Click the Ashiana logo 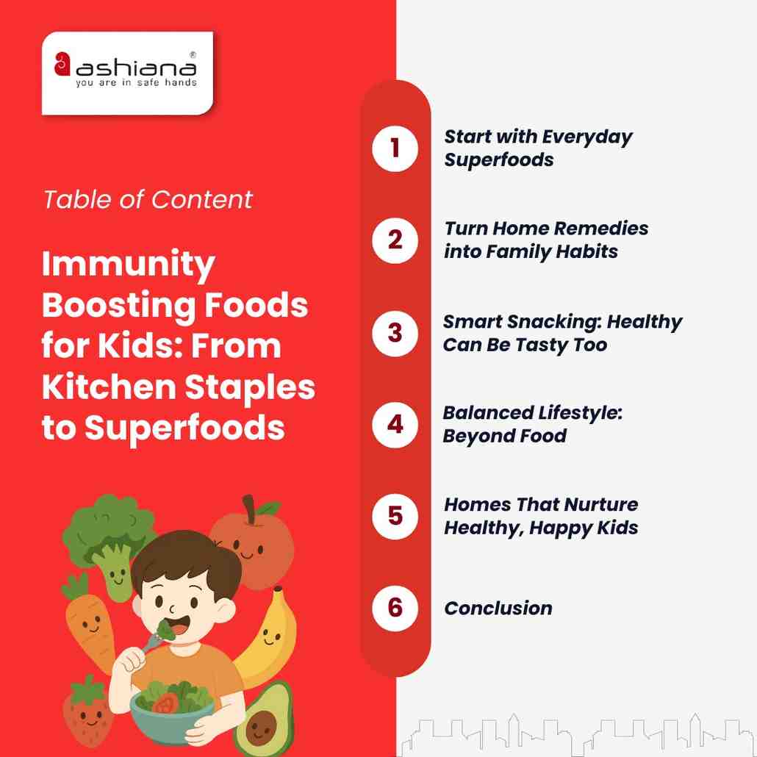tap(126, 72)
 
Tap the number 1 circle tap(395, 148)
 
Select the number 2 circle tap(395, 240)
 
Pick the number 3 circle tap(395, 332)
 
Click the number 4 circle tap(395, 424)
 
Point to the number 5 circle tap(395, 516)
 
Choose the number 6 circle tap(395, 608)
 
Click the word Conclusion tap(498, 609)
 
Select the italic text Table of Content tap(148, 199)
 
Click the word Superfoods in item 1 tap(498, 159)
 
